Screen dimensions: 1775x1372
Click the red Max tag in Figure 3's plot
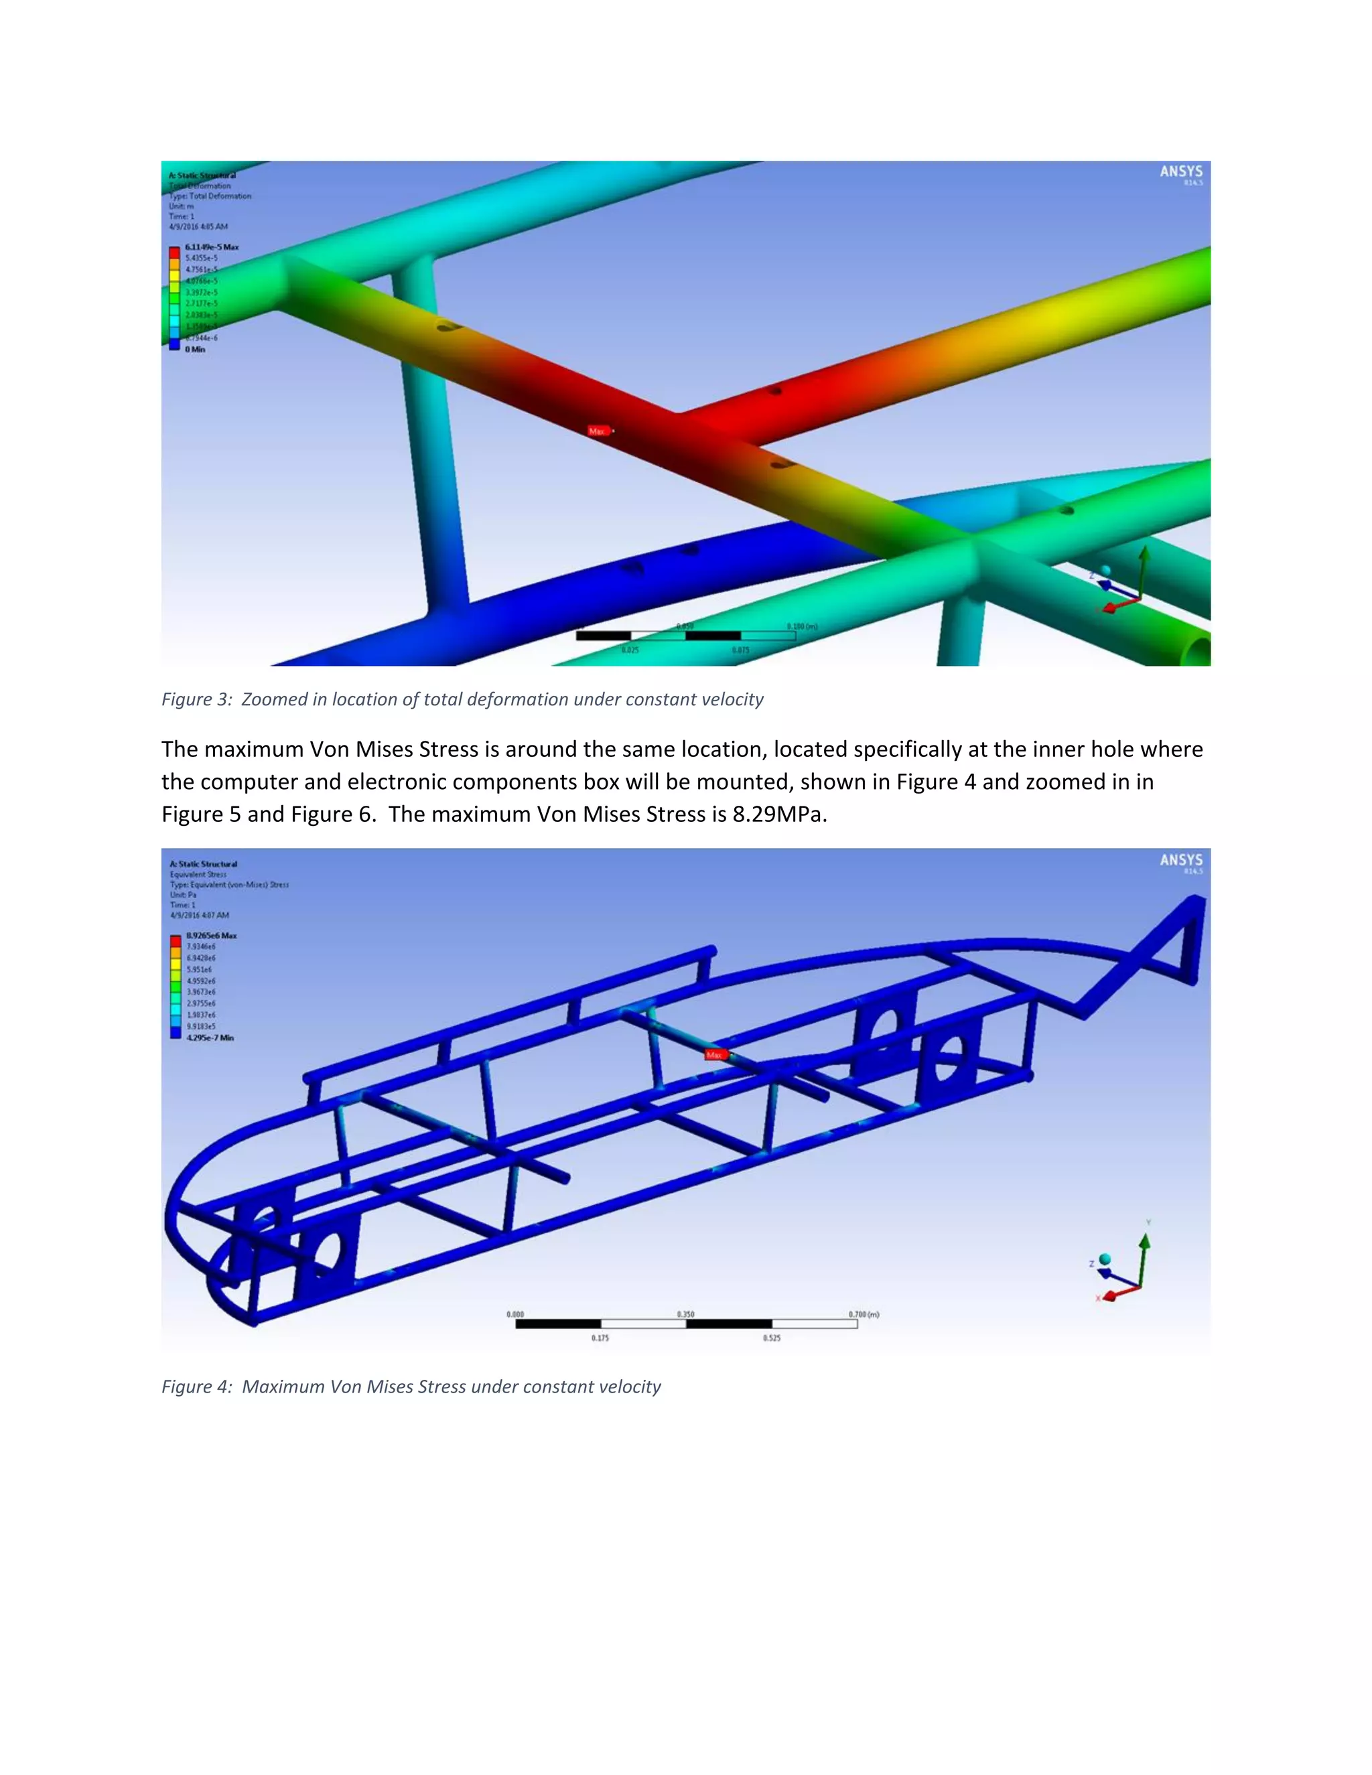[x=598, y=431]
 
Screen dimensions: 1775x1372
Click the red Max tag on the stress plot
[x=714, y=1055]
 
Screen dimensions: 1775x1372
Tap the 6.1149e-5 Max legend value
[x=211, y=247]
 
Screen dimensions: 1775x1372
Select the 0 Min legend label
[x=195, y=350]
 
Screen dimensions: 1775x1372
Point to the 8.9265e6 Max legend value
[x=211, y=936]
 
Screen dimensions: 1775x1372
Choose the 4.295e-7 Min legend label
[x=210, y=1038]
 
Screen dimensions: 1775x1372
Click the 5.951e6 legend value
[x=200, y=970]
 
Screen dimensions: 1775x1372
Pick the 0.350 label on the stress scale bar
[x=686, y=1314]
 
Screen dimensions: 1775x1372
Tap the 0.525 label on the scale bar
[x=771, y=1338]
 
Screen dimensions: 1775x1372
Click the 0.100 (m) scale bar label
[x=801, y=627]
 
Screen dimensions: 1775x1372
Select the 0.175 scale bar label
[x=600, y=1338]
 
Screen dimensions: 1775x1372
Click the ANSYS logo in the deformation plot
[x=1181, y=172]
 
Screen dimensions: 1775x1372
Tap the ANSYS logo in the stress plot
[x=1181, y=861]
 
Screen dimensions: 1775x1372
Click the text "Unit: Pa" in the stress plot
[x=183, y=895]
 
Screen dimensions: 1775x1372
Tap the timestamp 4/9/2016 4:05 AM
[x=198, y=227]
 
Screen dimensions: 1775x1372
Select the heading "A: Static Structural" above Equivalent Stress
[x=203, y=864]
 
